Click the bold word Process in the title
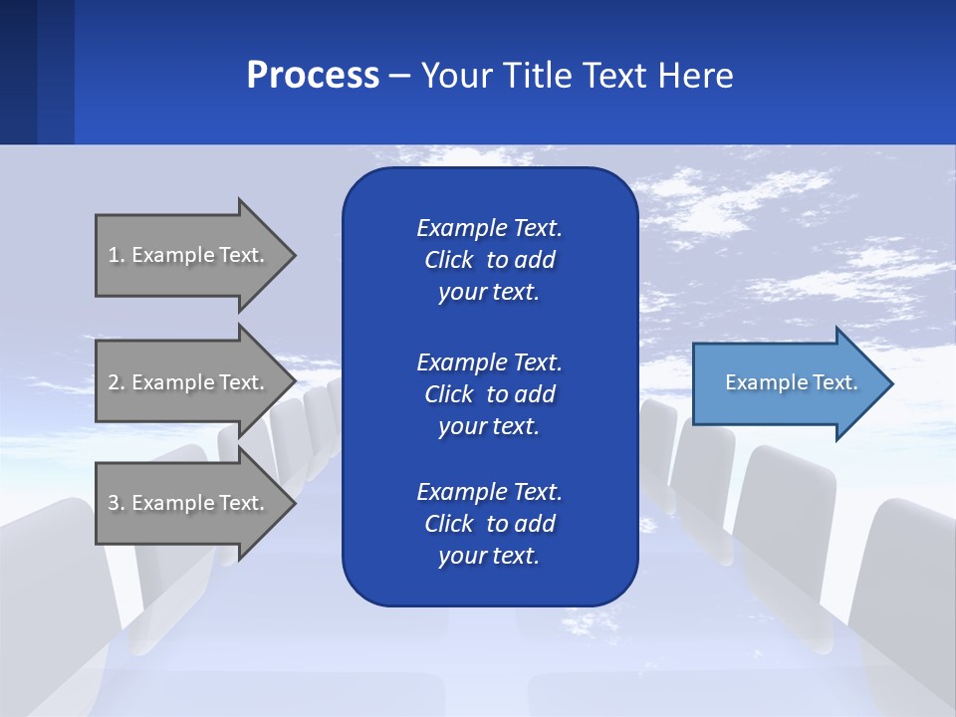click(313, 76)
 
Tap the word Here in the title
click(694, 76)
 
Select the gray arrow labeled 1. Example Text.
click(189, 255)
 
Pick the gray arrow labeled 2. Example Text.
click(189, 382)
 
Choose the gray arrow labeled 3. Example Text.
click(189, 503)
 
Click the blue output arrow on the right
click(787, 383)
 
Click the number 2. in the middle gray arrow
click(117, 382)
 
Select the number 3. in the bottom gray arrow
click(117, 503)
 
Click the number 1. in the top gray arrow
click(117, 255)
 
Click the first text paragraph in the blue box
click(489, 260)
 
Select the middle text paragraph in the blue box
click(489, 394)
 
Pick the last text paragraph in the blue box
click(489, 524)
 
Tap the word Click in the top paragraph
click(448, 260)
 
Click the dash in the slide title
click(399, 76)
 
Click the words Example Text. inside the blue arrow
click(791, 382)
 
